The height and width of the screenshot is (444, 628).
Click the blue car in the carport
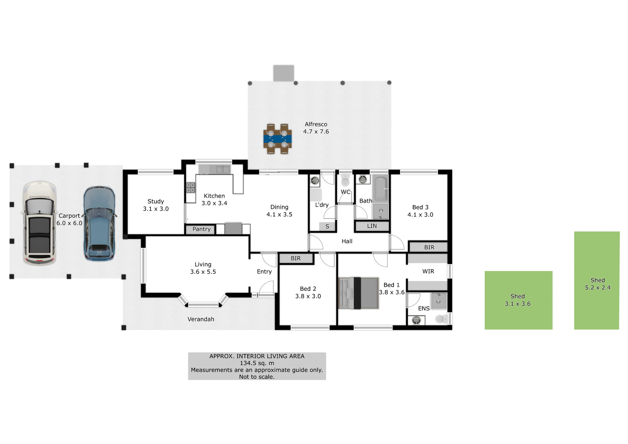pos(99,223)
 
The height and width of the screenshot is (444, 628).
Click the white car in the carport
pos(39,223)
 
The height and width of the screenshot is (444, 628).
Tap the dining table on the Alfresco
pos(278,139)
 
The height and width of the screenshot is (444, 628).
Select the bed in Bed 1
pos(358,293)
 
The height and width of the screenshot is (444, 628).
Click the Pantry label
pos(201,229)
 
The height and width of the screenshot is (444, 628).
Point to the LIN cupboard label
pos(372,226)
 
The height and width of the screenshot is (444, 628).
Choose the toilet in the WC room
pos(345,181)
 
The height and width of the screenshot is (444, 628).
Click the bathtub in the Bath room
pos(381,188)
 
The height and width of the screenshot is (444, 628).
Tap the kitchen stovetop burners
pos(190,187)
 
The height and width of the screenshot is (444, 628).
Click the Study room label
pos(156,201)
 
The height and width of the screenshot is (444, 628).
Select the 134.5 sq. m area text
pos(257,363)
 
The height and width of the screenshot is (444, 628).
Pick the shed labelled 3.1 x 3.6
pos(518,300)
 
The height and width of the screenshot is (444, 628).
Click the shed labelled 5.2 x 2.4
pos(597,280)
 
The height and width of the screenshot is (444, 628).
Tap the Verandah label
pos(201,319)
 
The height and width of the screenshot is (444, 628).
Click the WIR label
pos(428,271)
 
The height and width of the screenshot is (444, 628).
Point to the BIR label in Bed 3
pos(429,247)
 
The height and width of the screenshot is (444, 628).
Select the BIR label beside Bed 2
pos(296,259)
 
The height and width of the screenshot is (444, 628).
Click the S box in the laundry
pos(327,226)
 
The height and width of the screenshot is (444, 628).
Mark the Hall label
pos(347,241)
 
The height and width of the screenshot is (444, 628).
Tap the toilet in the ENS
pos(440,319)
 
